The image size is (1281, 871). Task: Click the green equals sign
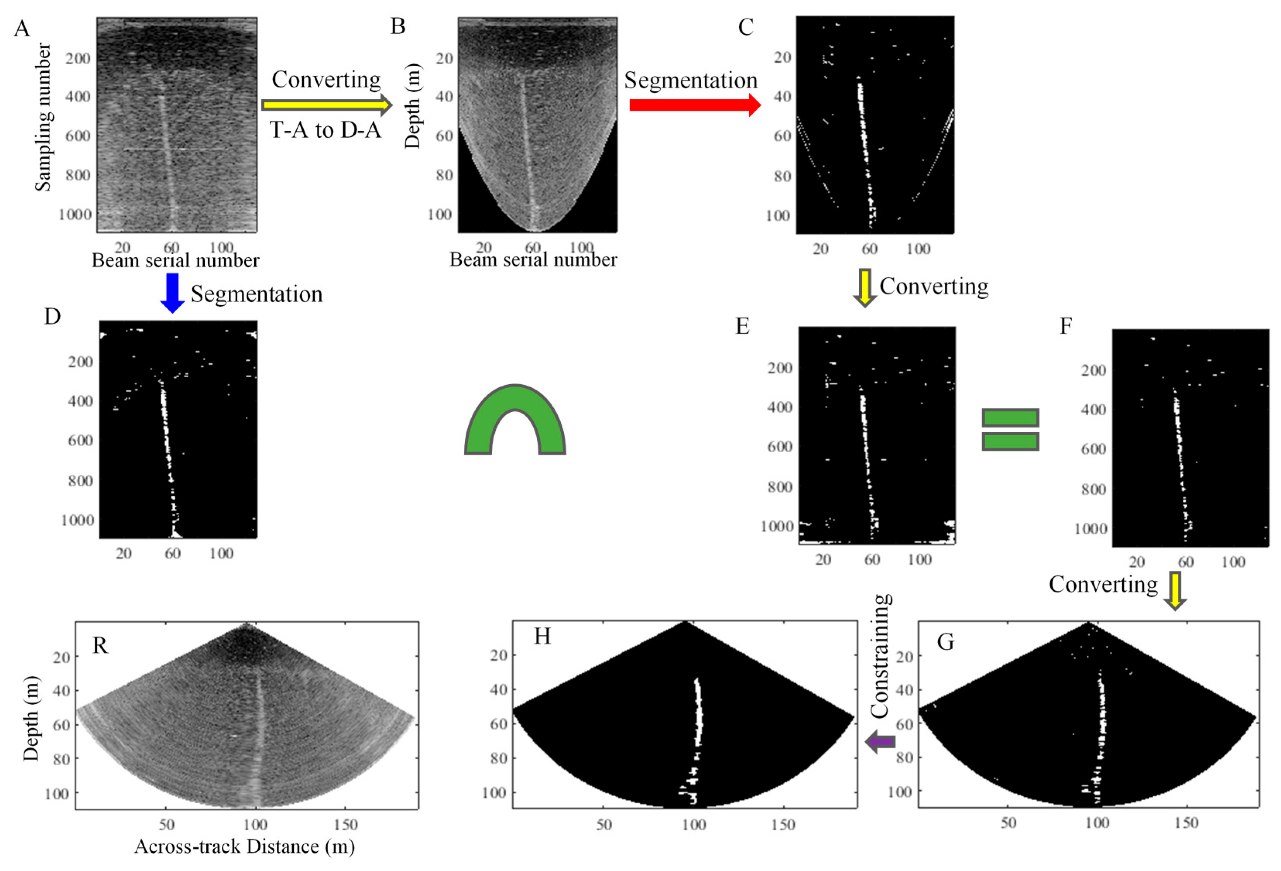pos(1010,430)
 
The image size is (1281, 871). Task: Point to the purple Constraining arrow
pos(880,742)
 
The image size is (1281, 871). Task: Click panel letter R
pos(100,645)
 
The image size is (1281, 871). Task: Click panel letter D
pos(52,317)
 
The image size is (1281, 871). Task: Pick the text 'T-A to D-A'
pos(325,130)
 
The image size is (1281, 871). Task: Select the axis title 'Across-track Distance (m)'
pos(244,846)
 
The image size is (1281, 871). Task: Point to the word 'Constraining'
pos(881,656)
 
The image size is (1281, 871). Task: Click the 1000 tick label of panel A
pos(75,214)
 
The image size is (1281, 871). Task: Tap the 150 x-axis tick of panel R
pos(346,825)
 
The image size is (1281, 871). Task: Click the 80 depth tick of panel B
pos(444,175)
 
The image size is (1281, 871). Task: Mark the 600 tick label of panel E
pos(779,447)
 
